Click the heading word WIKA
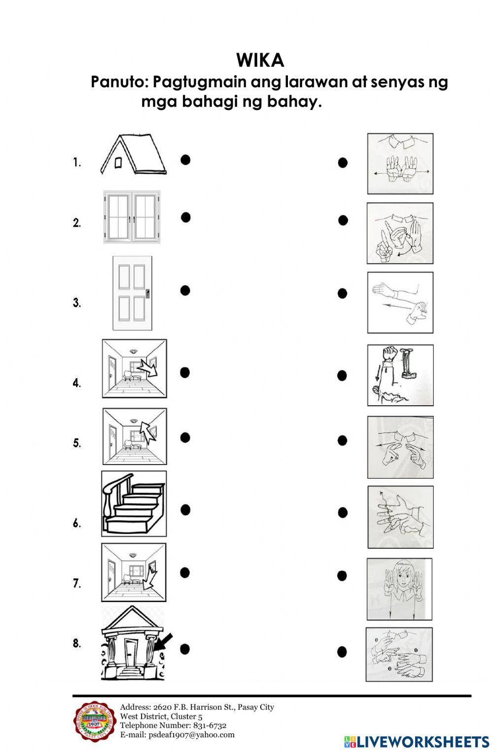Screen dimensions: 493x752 coord(260,60)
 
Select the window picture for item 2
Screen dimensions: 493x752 coord(132,217)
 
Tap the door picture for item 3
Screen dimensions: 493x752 coord(132,293)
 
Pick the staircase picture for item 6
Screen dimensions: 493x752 coord(134,503)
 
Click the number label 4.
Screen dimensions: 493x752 coord(77,383)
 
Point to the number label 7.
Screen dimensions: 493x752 coord(77,583)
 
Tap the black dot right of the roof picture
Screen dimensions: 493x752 coord(185,159)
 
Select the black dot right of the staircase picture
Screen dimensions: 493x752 coord(185,510)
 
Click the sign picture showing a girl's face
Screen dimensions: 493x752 coord(399,589)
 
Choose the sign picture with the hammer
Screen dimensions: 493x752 coord(400,375)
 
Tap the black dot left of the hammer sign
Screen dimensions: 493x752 coord(342,376)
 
